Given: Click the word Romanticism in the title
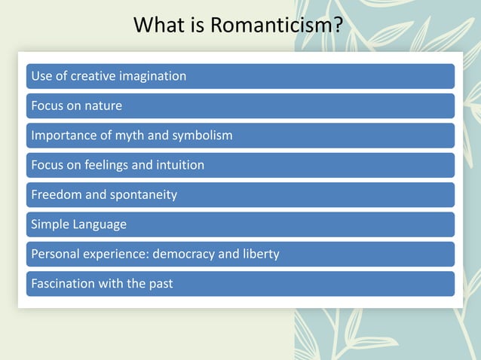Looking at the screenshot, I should [276, 25].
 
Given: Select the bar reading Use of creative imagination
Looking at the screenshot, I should [240, 76].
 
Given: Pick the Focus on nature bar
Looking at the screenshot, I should [240, 105].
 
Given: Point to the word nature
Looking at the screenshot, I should [103, 105].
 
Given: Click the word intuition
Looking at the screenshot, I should [179, 165].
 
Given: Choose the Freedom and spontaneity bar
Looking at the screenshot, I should [240, 194].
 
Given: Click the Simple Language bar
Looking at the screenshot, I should [240, 224].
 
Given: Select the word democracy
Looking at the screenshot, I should [183, 254].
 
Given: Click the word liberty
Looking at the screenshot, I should [260, 254].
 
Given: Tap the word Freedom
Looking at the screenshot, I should [57, 194].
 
